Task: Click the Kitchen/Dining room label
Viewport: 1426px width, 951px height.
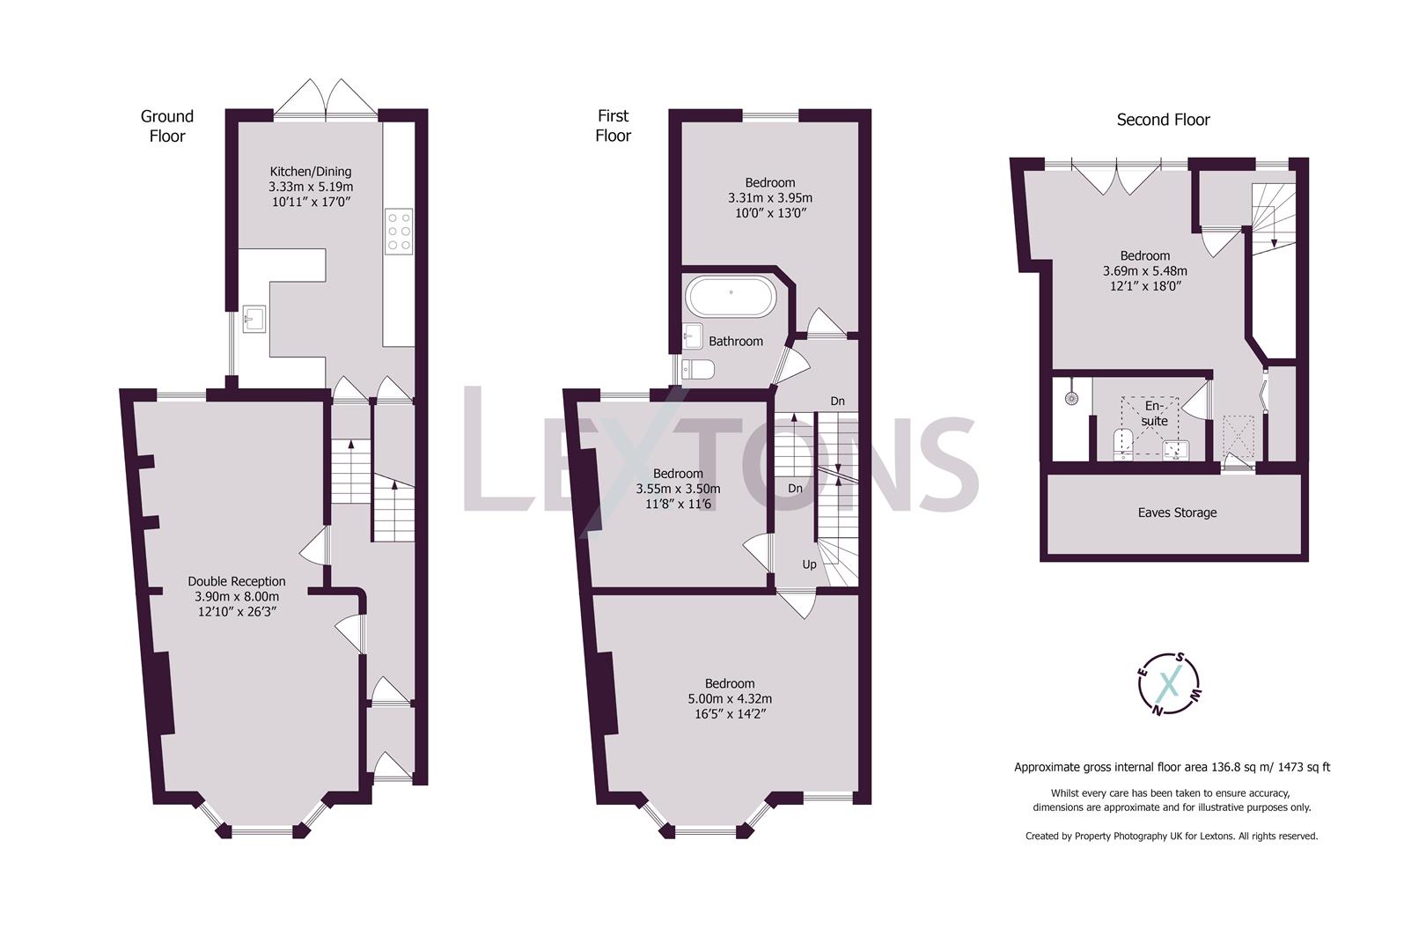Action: [x=311, y=172]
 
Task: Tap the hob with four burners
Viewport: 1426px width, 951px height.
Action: [x=399, y=232]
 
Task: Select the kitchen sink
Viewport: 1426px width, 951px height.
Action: [x=254, y=319]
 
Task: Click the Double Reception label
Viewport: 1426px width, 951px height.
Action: [x=237, y=581]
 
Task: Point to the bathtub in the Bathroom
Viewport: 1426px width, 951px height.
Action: [x=731, y=298]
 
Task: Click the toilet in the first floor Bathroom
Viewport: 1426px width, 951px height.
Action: [x=698, y=370]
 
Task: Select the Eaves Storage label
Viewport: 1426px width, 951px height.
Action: [x=1177, y=512]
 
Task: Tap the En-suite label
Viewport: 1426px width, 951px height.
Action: [x=1154, y=414]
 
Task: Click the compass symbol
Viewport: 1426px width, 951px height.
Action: [x=1169, y=683]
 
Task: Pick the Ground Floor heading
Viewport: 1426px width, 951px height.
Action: [x=167, y=126]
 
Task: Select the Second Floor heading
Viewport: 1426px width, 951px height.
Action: [x=1163, y=120]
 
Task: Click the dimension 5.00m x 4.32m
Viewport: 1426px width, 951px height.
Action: [x=730, y=699]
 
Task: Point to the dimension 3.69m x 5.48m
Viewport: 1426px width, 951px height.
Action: [x=1144, y=271]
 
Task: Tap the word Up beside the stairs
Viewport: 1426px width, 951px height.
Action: [x=808, y=564]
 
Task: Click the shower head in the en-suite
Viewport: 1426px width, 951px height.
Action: [x=1071, y=398]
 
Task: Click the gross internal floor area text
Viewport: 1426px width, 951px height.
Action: [x=1172, y=767]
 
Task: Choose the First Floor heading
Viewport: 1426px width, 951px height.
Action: [x=613, y=125]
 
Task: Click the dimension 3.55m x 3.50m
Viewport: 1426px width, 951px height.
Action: [x=678, y=489]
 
